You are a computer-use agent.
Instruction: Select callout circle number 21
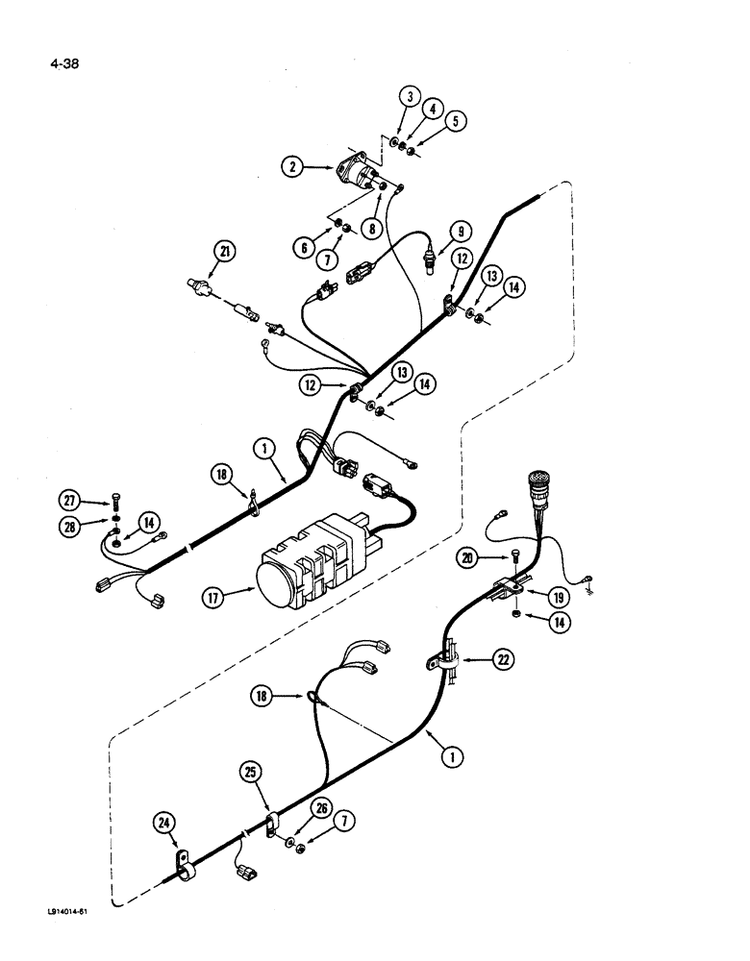(x=225, y=253)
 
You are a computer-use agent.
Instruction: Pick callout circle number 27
(x=70, y=500)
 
